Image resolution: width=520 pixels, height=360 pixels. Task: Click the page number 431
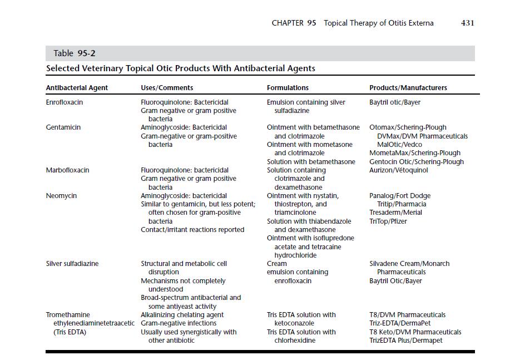pyautogui.click(x=467, y=23)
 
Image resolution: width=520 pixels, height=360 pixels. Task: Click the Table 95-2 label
pyautogui.click(x=71, y=53)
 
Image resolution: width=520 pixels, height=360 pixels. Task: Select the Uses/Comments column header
pyautogui.click(x=167, y=88)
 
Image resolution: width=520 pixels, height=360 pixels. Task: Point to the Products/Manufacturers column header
pyautogui.click(x=408, y=88)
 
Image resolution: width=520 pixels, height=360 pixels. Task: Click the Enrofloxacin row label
pyautogui.click(x=65, y=102)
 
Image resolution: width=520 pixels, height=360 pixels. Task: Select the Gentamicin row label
pyautogui.click(x=63, y=127)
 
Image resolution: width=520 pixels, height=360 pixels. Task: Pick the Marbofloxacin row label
pyautogui.click(x=67, y=170)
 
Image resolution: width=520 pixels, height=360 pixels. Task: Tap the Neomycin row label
pyautogui.click(x=61, y=196)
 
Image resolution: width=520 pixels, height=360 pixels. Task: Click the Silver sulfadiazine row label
pyautogui.click(x=72, y=264)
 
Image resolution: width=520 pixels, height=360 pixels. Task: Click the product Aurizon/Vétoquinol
pyautogui.click(x=399, y=170)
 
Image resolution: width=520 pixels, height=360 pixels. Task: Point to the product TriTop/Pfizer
pyautogui.click(x=388, y=221)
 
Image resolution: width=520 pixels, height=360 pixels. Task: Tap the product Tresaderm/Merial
pyautogui.click(x=395, y=213)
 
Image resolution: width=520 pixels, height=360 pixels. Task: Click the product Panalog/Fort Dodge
pyautogui.click(x=400, y=196)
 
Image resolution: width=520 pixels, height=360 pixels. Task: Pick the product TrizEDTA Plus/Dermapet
pyautogui.click(x=406, y=341)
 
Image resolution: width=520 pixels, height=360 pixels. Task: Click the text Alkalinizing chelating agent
pyautogui.click(x=182, y=315)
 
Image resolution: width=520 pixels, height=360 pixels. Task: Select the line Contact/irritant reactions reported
pyautogui.click(x=192, y=230)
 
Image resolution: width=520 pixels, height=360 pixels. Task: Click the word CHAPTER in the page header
pyautogui.click(x=288, y=23)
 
